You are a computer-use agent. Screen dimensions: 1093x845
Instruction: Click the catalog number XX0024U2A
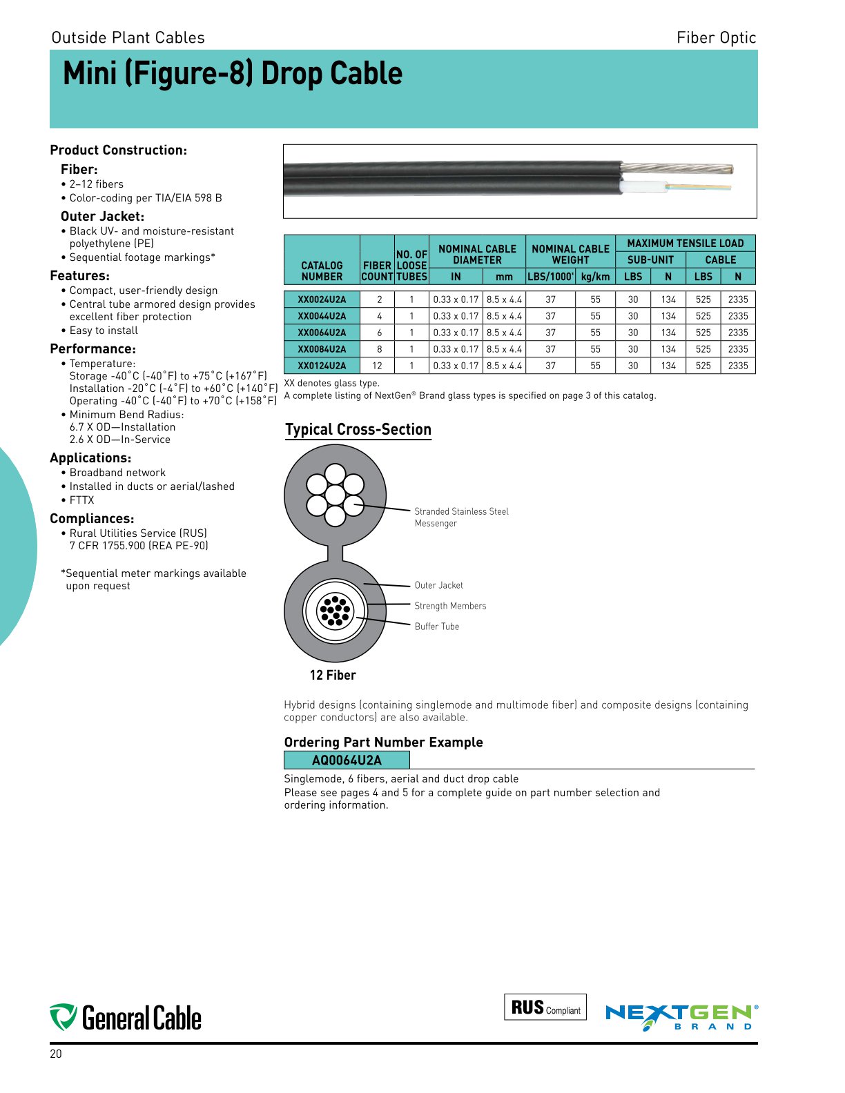(322, 299)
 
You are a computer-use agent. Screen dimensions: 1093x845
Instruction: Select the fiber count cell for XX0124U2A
(377, 366)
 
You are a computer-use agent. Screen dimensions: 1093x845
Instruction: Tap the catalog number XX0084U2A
(322, 349)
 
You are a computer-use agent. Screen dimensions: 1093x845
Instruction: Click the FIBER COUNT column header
(377, 270)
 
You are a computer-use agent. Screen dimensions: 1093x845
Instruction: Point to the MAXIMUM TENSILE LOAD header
(685, 243)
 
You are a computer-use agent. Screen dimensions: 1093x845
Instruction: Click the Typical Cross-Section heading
(358, 430)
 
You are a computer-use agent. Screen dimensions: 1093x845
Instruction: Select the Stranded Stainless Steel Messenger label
(461, 517)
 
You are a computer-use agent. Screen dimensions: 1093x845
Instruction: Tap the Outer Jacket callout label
(438, 585)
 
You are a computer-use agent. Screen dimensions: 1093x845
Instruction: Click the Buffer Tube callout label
(436, 627)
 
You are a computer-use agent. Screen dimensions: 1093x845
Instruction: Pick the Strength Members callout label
(450, 606)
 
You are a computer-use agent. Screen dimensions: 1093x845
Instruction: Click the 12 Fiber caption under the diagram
(333, 676)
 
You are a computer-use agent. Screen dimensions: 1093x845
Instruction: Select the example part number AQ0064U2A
(347, 760)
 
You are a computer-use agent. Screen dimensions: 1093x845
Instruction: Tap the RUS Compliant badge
(545, 1007)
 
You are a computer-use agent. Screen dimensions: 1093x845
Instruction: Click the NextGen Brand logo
(681, 1017)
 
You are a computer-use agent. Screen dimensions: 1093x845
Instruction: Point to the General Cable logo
(126, 1018)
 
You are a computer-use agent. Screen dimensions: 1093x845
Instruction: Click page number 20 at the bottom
(56, 1054)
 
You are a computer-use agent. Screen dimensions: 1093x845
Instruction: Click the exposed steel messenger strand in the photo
(677, 168)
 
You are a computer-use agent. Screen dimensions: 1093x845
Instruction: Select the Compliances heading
(92, 519)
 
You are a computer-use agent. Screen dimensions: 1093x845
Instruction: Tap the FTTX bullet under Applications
(81, 500)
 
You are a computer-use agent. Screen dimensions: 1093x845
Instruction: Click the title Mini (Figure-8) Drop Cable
(233, 74)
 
